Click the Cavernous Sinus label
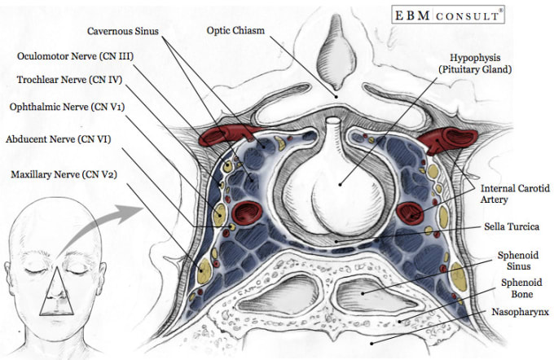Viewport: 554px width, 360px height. [x=123, y=31]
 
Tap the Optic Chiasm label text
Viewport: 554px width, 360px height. [x=235, y=30]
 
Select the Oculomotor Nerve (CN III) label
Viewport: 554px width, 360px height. [x=75, y=56]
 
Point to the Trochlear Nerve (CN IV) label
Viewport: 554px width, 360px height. [x=69, y=80]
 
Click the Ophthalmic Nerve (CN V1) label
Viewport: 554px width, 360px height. [x=67, y=107]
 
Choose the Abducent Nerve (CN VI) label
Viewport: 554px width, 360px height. [x=59, y=139]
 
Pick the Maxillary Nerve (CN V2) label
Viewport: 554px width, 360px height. [x=64, y=174]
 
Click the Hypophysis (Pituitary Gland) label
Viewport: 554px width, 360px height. [x=475, y=64]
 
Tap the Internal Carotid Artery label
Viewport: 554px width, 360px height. [x=515, y=194]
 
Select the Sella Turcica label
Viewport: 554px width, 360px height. [x=512, y=226]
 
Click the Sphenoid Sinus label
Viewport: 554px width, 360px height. [x=518, y=261]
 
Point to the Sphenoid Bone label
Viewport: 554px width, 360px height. [x=521, y=288]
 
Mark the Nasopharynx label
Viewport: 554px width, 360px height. [x=520, y=312]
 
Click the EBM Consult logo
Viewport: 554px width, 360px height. [x=447, y=15]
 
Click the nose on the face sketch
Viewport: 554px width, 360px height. [x=56, y=293]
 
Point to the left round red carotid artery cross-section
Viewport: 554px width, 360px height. [x=247, y=213]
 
